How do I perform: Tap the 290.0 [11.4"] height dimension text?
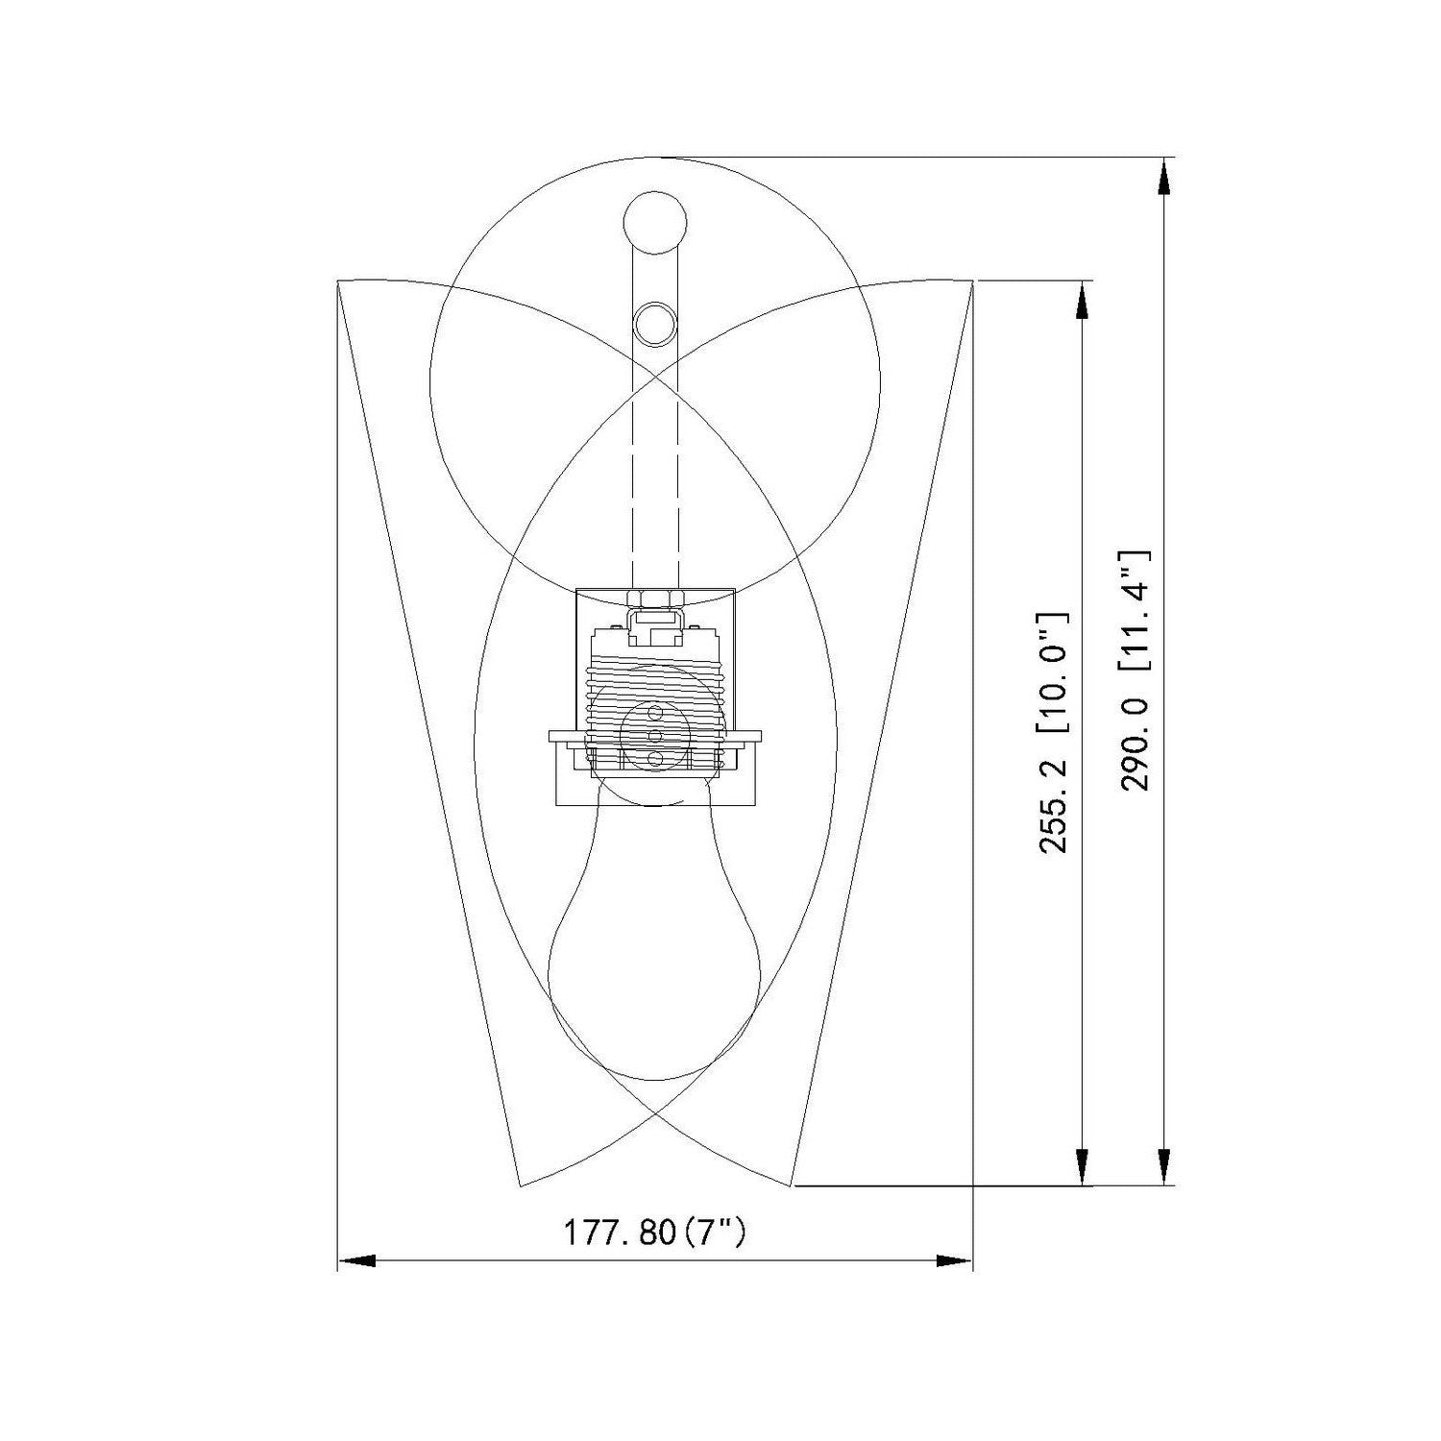point(1136,669)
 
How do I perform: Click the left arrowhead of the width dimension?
point(356,1259)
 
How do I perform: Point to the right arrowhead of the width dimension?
point(954,1259)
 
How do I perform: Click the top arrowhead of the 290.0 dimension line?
point(1164,179)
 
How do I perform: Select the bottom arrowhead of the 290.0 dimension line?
point(1164,1165)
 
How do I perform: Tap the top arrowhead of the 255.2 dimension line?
point(1083,300)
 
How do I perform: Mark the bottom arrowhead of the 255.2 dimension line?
point(1083,1165)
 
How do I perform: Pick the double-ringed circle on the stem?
point(655,323)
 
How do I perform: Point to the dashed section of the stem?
point(655,480)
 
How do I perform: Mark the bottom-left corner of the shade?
point(520,1185)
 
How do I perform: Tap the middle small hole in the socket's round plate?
point(655,735)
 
